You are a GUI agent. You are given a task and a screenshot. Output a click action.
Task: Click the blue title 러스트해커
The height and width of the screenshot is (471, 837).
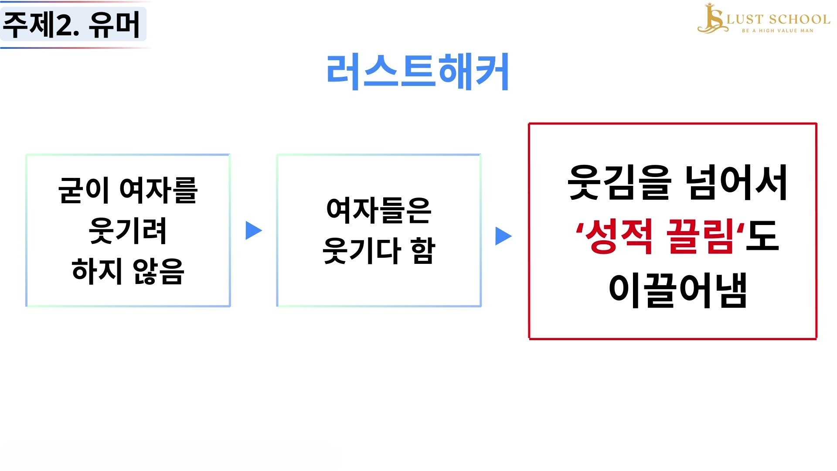tap(418, 72)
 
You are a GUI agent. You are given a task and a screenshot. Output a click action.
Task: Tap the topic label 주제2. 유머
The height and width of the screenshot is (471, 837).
tap(71, 25)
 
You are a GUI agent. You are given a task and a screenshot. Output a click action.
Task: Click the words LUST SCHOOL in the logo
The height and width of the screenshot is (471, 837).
tap(778, 20)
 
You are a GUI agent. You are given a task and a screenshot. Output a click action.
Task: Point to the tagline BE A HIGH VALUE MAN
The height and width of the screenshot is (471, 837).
tap(778, 31)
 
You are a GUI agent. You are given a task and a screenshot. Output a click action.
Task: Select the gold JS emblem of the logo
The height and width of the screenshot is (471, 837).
tap(711, 18)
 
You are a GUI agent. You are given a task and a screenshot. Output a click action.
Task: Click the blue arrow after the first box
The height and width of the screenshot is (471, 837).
tap(254, 230)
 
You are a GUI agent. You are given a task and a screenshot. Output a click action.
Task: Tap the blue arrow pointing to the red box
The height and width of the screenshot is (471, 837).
tap(504, 236)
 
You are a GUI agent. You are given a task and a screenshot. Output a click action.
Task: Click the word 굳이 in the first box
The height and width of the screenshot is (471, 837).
tap(83, 190)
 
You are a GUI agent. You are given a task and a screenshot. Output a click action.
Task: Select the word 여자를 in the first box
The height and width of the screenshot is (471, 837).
tap(159, 190)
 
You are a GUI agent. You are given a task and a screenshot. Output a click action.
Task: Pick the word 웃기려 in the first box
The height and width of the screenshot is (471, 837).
tap(127, 231)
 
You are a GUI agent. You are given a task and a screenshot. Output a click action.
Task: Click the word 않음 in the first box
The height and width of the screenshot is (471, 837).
tap(159, 271)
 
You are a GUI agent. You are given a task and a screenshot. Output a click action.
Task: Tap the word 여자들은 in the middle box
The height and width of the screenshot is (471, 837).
tap(379, 211)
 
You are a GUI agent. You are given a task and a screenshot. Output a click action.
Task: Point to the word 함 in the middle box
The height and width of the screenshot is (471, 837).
tap(423, 251)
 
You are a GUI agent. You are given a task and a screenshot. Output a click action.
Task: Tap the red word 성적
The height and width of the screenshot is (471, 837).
tap(618, 236)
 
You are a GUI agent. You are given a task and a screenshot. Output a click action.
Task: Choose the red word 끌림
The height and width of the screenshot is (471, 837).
tap(700, 236)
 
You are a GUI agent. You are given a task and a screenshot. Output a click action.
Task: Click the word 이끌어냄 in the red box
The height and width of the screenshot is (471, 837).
tap(678, 290)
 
